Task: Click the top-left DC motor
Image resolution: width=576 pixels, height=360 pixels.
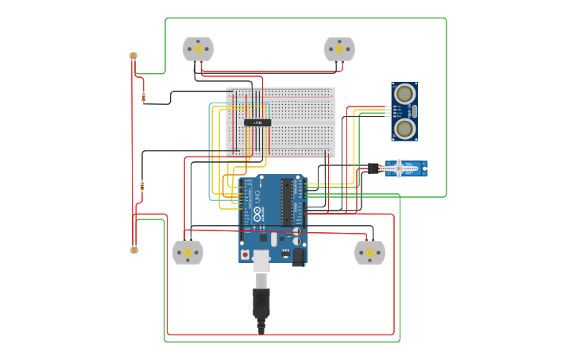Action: pyautogui.click(x=198, y=49)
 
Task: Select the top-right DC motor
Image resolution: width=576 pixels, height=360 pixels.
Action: pyautogui.click(x=339, y=49)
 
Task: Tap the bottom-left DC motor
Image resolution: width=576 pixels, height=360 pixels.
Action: pyautogui.click(x=187, y=253)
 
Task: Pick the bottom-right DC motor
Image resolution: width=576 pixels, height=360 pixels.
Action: pyautogui.click(x=369, y=253)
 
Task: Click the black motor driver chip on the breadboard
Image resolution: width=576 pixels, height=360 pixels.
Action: pyautogui.click(x=257, y=122)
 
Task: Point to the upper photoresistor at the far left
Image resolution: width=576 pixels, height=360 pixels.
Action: pyautogui.click(x=133, y=56)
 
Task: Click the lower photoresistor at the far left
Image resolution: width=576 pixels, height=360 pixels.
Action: pyautogui.click(x=133, y=250)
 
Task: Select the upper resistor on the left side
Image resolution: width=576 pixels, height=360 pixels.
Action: pyautogui.click(x=143, y=98)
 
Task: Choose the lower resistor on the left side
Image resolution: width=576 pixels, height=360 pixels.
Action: pyautogui.click(x=142, y=185)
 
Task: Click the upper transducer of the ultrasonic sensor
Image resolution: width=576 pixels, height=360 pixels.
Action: pyautogui.click(x=404, y=94)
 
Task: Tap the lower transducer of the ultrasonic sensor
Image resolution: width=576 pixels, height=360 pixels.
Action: pyautogui.click(x=404, y=128)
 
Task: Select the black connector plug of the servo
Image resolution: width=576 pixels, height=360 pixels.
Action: pyautogui.click(x=373, y=168)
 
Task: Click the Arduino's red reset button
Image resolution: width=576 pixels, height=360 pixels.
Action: pyautogui.click(x=245, y=254)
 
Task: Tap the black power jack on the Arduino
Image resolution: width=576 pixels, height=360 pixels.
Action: pyautogui.click(x=299, y=256)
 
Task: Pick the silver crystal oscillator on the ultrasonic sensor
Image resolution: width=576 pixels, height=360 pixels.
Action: pyautogui.click(x=414, y=111)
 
